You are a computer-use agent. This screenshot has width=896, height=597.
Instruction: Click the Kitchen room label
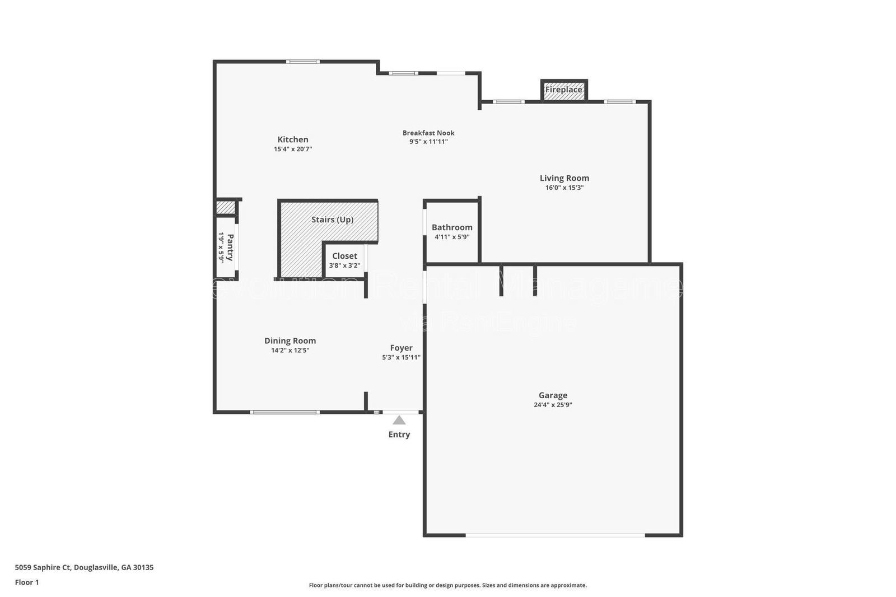pos(293,139)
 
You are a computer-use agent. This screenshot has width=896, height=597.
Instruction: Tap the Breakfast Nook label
pos(428,133)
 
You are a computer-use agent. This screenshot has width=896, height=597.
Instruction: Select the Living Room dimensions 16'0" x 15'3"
pos(564,188)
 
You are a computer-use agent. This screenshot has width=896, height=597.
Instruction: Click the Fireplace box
pos(564,90)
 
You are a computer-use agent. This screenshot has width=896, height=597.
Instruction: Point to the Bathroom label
pos(452,227)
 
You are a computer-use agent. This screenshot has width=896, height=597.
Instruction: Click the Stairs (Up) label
pos(332,220)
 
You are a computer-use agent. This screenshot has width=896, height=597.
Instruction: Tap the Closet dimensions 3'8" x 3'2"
pos(344,265)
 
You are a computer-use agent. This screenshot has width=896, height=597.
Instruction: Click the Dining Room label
pos(290,341)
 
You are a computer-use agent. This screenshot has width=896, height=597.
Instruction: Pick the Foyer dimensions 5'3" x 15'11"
pos(401,357)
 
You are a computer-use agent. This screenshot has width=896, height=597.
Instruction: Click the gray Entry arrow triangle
pos(399,420)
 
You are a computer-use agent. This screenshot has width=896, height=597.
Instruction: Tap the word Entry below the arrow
pos(399,435)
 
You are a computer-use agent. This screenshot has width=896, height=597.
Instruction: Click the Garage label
pos(553,395)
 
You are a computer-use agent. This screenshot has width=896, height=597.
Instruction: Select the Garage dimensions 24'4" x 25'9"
pos(553,405)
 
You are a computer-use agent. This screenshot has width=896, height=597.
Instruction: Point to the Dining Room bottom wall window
pos(284,412)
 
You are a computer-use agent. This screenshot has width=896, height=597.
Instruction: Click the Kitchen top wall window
pos(303,61)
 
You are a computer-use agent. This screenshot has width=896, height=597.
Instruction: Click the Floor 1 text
pos(27,582)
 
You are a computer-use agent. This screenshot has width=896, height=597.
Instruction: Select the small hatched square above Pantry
pos(226,207)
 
